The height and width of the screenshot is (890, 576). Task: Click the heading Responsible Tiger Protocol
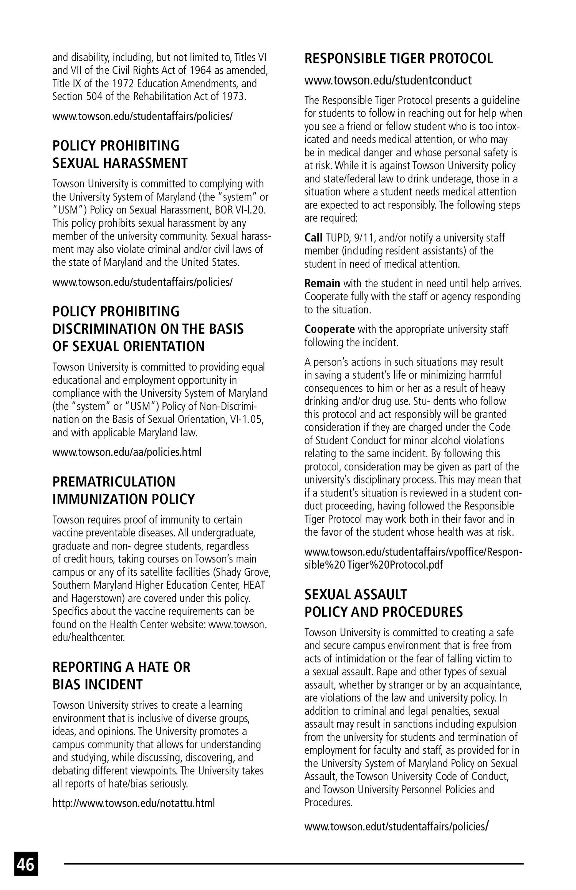[398, 58]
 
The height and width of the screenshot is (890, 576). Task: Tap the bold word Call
[313, 238]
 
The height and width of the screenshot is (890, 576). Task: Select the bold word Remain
[322, 283]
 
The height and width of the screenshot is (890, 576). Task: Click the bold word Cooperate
[329, 329]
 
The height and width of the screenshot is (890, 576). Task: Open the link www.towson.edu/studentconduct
[388, 80]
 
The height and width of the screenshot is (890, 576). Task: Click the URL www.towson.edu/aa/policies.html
[127, 452]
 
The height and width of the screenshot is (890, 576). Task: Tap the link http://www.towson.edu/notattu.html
[133, 803]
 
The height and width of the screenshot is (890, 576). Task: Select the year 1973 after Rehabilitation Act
[233, 96]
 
